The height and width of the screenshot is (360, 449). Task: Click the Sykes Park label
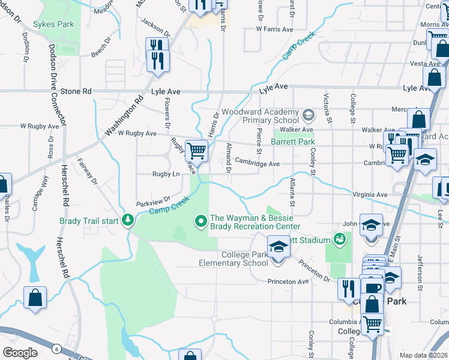(x=53, y=25)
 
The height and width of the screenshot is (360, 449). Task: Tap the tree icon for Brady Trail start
(x=127, y=220)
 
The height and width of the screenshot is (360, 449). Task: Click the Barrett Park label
(x=293, y=142)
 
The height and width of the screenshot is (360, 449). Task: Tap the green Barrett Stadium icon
(x=340, y=240)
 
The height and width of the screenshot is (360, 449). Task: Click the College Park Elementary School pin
(x=277, y=248)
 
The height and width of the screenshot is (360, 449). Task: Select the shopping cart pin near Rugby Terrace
(x=196, y=151)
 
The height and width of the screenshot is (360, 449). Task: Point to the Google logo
(x=20, y=353)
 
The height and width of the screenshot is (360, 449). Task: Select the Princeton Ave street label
(x=291, y=281)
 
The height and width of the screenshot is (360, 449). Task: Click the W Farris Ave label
(x=274, y=29)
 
